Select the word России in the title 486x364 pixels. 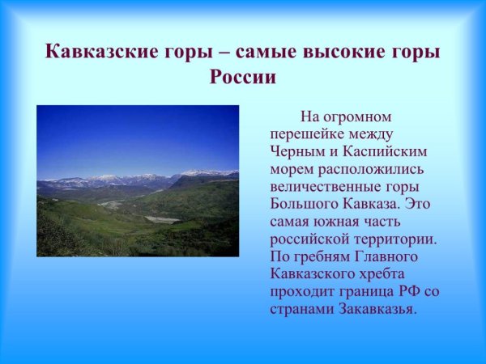click(243, 78)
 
